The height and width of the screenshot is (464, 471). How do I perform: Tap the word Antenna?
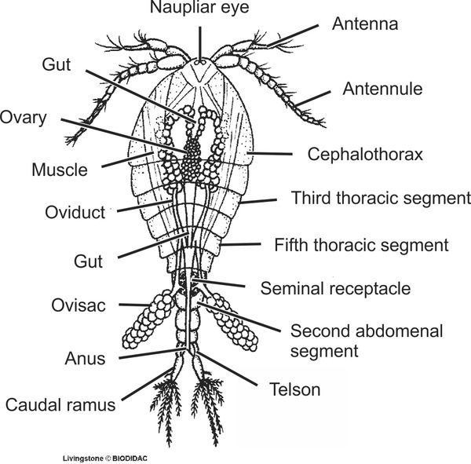click(365, 24)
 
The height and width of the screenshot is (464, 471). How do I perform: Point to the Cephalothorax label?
click(356, 155)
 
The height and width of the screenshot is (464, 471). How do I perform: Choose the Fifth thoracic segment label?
click(361, 245)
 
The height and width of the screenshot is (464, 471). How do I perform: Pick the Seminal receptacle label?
click(334, 288)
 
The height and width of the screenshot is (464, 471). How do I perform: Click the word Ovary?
click(24, 119)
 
